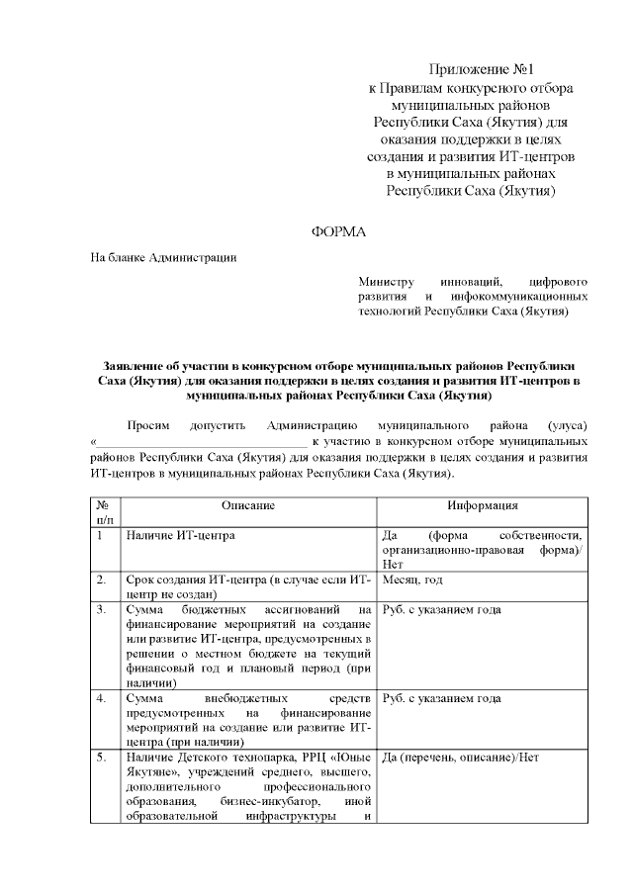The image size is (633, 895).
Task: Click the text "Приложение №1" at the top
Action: pos(481,69)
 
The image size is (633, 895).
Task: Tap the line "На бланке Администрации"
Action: pos(163,258)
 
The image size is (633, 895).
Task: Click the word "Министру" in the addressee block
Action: pos(386,281)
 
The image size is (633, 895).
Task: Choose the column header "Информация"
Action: pos(482,505)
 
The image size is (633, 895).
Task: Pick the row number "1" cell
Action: pos(101,535)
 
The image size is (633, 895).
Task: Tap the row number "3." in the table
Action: pos(102,609)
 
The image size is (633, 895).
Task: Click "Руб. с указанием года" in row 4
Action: pos(441,698)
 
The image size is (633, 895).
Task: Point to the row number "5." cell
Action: pos(102,758)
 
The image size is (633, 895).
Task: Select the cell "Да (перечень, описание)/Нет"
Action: pos(459,758)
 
